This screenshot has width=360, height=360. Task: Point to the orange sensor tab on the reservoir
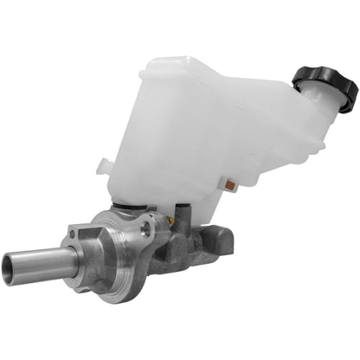point(230,184)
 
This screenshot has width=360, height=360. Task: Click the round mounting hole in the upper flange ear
point(147,228)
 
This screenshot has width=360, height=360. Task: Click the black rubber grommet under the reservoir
point(130,208)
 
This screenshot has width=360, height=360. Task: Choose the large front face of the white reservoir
point(173,147)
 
